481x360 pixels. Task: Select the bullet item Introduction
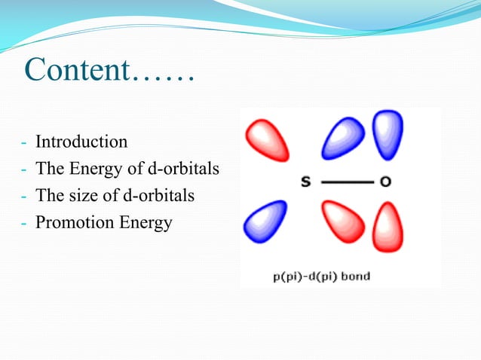(81, 142)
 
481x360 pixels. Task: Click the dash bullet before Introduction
(25, 142)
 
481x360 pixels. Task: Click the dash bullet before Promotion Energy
(25, 224)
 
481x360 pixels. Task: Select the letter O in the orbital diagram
(385, 182)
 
